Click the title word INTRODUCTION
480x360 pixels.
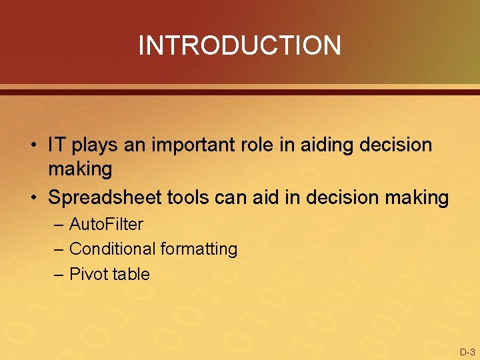point(239,45)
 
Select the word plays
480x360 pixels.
point(93,145)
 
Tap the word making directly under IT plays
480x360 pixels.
point(80,170)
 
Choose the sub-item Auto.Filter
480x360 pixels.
point(106,224)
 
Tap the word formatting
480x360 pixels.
point(199,250)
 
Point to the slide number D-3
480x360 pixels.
point(467,351)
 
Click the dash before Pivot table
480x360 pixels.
point(59,274)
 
